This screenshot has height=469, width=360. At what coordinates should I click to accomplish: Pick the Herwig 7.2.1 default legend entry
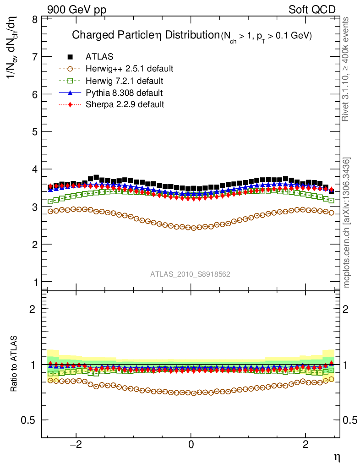point(125,81)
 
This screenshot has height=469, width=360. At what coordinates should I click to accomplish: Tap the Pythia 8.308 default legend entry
point(124,93)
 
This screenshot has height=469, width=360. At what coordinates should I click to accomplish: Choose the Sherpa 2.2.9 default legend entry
point(125,104)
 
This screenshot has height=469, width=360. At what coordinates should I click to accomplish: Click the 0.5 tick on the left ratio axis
point(30,420)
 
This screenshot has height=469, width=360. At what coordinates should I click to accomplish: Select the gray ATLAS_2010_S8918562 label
point(190,274)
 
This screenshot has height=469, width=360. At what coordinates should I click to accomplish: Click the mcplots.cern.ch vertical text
point(347,223)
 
